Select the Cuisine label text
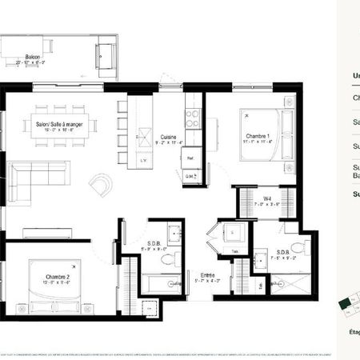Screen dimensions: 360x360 click(167, 136)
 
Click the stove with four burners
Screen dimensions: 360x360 click(193, 118)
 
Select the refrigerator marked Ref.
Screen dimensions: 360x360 click(192, 158)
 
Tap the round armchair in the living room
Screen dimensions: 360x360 click(102, 186)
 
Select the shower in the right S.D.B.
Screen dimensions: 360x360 click(286, 284)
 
